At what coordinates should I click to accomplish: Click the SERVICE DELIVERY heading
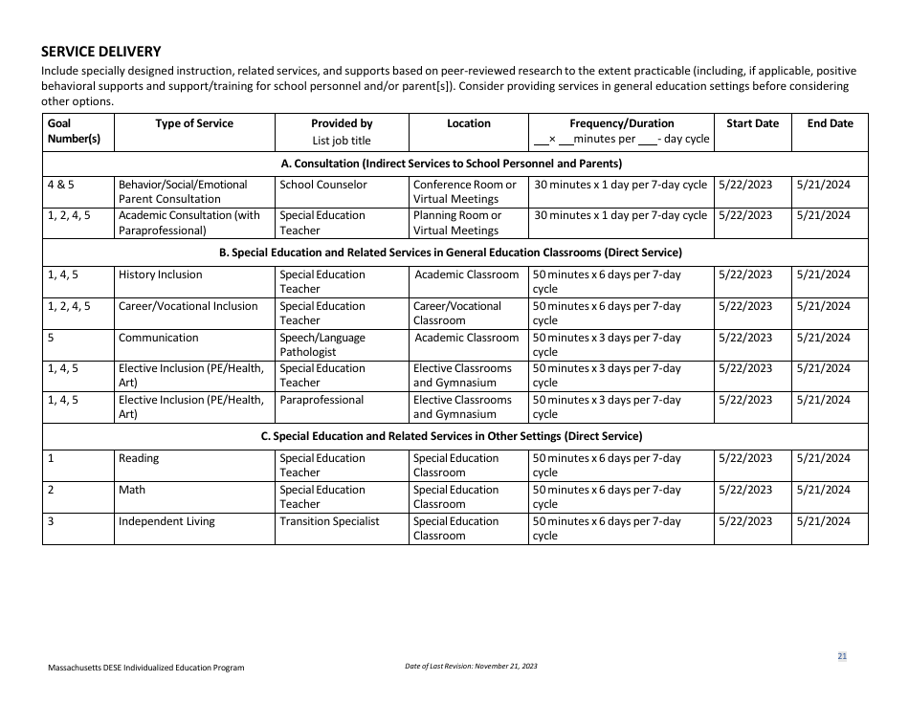pyautogui.click(x=101, y=52)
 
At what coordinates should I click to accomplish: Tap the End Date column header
pyautogui.click(x=830, y=123)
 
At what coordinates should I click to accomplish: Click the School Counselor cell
pyautogui.click(x=323, y=185)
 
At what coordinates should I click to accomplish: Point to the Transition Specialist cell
pyautogui.click(x=329, y=521)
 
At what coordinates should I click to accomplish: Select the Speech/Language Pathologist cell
pyautogui.click(x=322, y=344)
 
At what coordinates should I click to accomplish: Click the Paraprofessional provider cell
pyautogui.click(x=321, y=400)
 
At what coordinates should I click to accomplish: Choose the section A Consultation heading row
pyautogui.click(x=454, y=164)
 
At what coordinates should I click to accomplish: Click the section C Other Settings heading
pyautogui.click(x=454, y=436)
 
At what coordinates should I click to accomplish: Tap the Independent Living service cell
pyautogui.click(x=166, y=521)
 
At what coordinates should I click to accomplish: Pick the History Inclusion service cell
pyautogui.click(x=161, y=275)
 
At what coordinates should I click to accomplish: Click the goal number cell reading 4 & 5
pyautogui.click(x=60, y=185)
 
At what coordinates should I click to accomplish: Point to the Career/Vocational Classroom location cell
pyautogui.click(x=457, y=313)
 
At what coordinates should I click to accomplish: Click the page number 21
pyautogui.click(x=842, y=656)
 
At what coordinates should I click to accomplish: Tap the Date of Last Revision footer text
pyautogui.click(x=471, y=666)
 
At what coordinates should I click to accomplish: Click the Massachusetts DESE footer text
pyautogui.click(x=145, y=668)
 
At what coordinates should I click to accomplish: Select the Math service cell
pyautogui.click(x=132, y=490)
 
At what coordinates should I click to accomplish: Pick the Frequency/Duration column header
pyautogui.click(x=621, y=123)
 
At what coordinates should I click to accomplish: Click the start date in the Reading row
pyautogui.click(x=745, y=458)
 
